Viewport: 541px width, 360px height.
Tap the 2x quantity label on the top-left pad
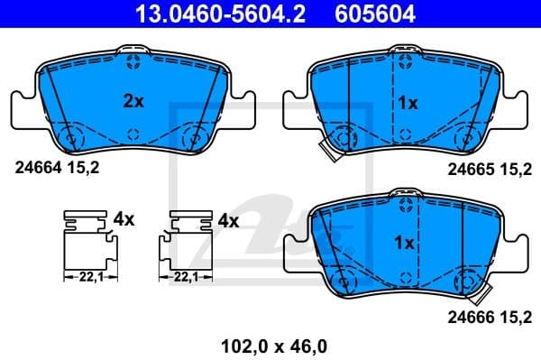[133, 102]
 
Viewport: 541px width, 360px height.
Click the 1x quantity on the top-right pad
[408, 103]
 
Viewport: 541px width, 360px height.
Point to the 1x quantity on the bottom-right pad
[404, 243]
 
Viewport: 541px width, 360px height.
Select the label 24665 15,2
[491, 167]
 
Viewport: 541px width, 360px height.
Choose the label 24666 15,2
[491, 316]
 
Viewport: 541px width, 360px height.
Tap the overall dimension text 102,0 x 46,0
[269, 344]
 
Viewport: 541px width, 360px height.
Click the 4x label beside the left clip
[124, 220]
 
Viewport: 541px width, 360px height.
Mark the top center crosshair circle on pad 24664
[133, 61]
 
